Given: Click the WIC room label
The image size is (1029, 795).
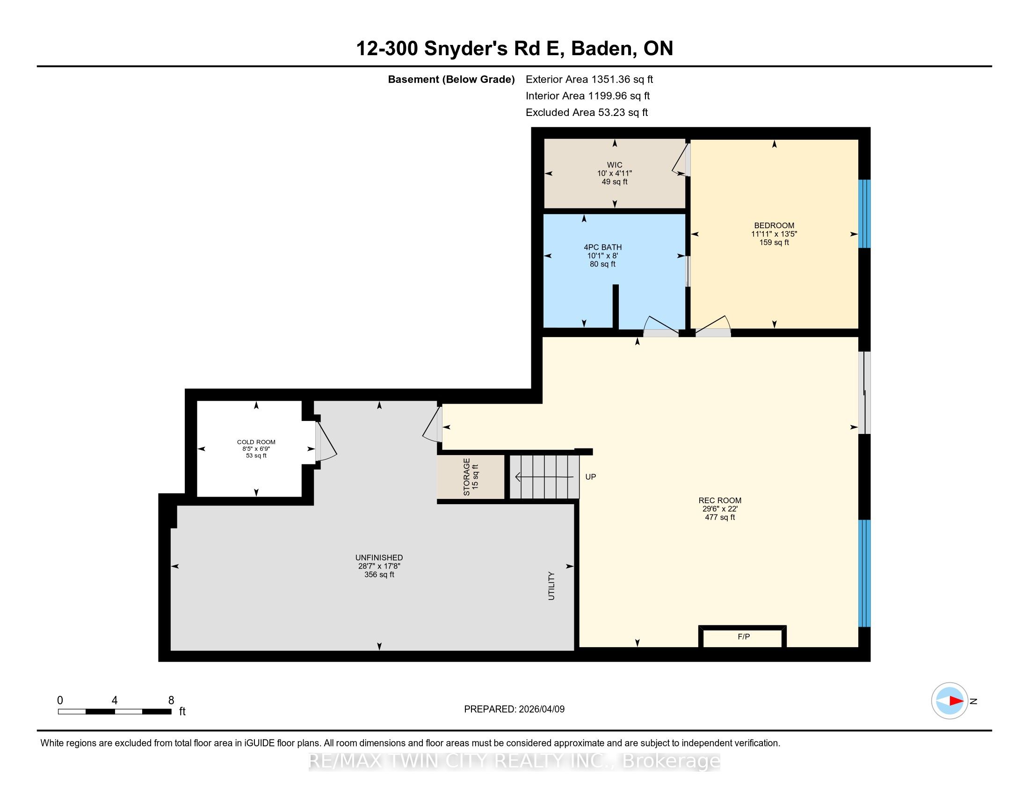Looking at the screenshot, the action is [615, 165].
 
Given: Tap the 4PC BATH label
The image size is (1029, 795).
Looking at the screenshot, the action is [602, 247].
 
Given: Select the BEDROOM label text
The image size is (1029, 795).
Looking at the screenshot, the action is [774, 225].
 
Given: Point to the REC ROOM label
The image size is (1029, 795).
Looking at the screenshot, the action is [720, 501].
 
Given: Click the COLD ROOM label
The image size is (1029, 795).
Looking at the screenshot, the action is [256, 442].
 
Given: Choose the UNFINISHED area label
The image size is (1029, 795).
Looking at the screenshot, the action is [379, 557].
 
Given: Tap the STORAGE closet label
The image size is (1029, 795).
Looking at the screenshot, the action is [466, 477].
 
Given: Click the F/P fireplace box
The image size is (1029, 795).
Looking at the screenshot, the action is [743, 637].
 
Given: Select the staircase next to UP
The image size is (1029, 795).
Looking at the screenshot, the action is [544, 477].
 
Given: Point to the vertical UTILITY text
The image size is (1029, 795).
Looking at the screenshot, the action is [551, 586].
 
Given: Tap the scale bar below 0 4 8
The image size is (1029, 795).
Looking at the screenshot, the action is [115, 712].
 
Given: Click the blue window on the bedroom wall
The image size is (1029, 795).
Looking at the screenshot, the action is [864, 214].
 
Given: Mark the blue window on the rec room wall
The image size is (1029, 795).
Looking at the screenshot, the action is [864, 573].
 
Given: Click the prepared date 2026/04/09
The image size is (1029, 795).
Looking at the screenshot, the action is [541, 709].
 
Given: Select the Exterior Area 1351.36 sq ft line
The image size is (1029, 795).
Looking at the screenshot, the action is [589, 79].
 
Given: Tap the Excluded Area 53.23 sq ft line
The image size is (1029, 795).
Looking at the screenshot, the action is [587, 113].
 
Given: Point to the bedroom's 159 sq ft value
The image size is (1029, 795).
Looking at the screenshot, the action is [774, 243].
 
